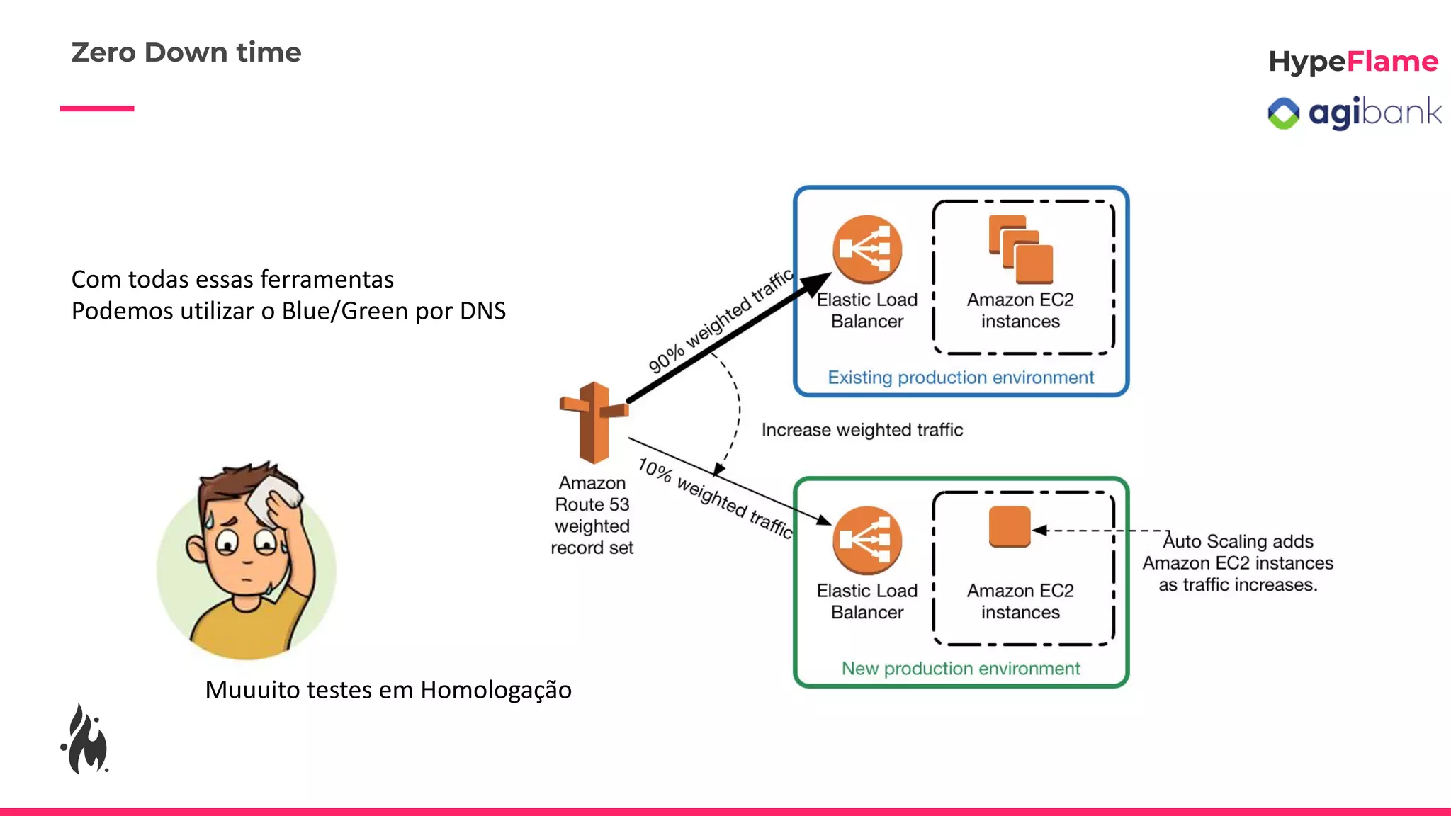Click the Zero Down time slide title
186,52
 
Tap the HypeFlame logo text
1353,62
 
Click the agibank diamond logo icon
1283,113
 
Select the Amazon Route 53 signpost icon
594,422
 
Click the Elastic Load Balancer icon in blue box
866,249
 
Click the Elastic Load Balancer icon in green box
866,540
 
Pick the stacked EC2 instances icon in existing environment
1020,249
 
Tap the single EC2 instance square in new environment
1010,526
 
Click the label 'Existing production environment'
961,378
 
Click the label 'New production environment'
961,669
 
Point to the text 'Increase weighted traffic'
862,430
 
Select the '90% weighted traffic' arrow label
720,321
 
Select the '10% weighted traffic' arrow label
714,498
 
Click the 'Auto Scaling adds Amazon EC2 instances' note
1238,563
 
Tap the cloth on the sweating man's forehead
275,499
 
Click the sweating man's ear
196,547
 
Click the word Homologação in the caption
495,690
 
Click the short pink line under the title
97,108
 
